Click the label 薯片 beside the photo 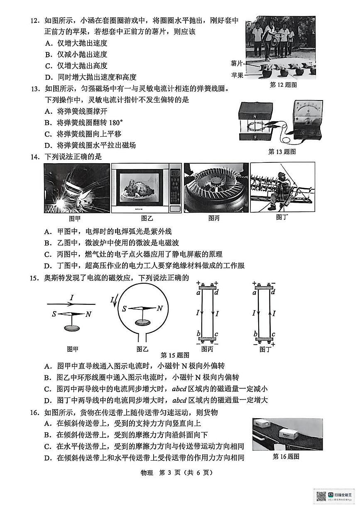point(237,63)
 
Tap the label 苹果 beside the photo point(237,75)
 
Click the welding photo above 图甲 point(76,188)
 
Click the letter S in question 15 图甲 point(54,314)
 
